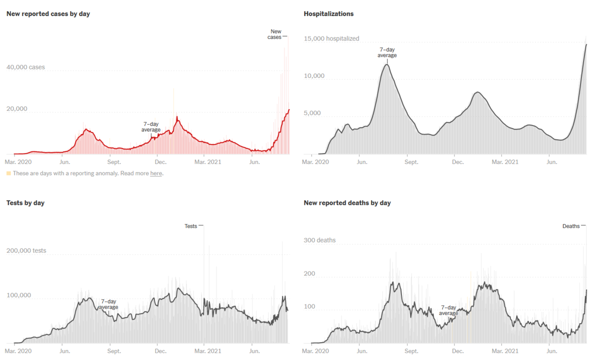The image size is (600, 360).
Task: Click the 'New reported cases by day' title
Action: point(48,14)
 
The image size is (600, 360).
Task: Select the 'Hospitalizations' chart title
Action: point(328,14)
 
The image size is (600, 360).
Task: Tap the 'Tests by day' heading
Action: point(25,203)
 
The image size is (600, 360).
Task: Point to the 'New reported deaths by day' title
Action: point(347,203)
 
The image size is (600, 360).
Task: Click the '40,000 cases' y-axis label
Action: point(25,67)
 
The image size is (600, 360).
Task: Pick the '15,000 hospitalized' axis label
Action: point(331,38)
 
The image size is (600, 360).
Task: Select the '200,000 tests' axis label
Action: point(26,250)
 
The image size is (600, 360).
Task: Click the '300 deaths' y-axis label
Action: point(319,240)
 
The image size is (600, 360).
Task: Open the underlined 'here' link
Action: point(156,173)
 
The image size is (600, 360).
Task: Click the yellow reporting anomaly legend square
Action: point(8,173)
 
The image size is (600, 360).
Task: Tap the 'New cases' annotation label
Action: point(276,34)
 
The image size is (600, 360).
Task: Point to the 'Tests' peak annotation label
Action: point(191,226)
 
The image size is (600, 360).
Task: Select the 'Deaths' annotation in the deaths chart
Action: point(571,226)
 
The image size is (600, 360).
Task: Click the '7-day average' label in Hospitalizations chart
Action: point(387,52)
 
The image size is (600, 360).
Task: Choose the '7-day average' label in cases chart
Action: point(151,127)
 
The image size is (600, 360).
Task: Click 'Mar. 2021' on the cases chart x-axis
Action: point(207,162)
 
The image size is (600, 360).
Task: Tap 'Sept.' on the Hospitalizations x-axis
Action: point(411,162)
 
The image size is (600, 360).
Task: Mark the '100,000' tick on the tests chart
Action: point(18,295)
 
